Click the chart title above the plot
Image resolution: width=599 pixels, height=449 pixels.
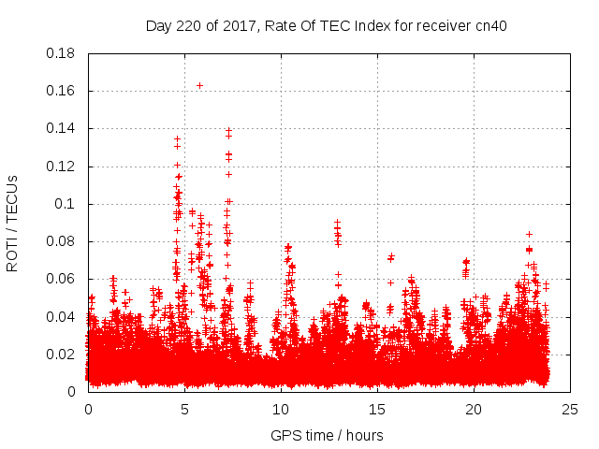pyautogui.click(x=326, y=26)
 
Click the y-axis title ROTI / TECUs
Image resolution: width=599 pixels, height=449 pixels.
pyautogui.click(x=12, y=223)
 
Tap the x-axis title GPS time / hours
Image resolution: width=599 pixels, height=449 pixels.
pyautogui.click(x=327, y=435)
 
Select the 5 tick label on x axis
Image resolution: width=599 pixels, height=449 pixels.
pyautogui.click(x=184, y=409)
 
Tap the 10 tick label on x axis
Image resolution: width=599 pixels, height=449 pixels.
pyautogui.click(x=281, y=409)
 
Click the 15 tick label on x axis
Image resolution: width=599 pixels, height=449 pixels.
pyautogui.click(x=377, y=409)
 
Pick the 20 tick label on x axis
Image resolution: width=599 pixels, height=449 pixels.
pyautogui.click(x=474, y=409)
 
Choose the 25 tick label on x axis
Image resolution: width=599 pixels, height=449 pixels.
pyautogui.click(x=570, y=409)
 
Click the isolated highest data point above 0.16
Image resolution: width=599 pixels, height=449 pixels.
pyautogui.click(x=199, y=85)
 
